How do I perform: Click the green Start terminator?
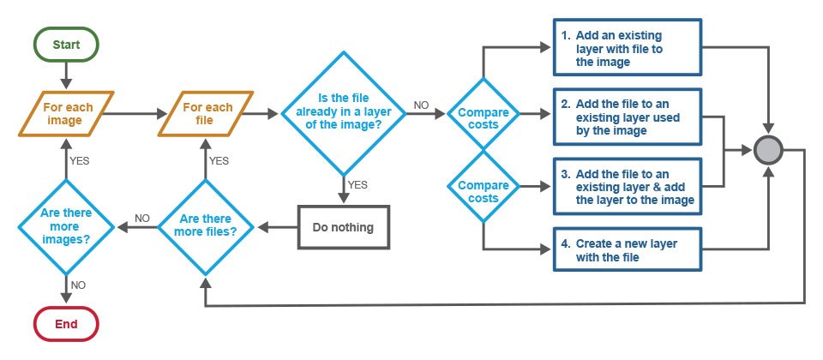67,44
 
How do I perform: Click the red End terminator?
66,324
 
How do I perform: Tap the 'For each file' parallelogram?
207,113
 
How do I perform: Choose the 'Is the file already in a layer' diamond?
343,113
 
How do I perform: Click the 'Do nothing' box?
343,227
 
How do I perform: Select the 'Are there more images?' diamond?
66,227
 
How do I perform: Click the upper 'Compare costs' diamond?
484,113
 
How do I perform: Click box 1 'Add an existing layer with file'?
628,48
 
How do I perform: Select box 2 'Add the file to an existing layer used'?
628,117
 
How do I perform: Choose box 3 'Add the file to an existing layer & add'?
628,186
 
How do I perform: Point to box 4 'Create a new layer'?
628,249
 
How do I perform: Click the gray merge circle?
768,152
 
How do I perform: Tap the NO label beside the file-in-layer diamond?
421,105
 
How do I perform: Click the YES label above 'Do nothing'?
358,184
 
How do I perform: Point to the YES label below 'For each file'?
219,160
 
